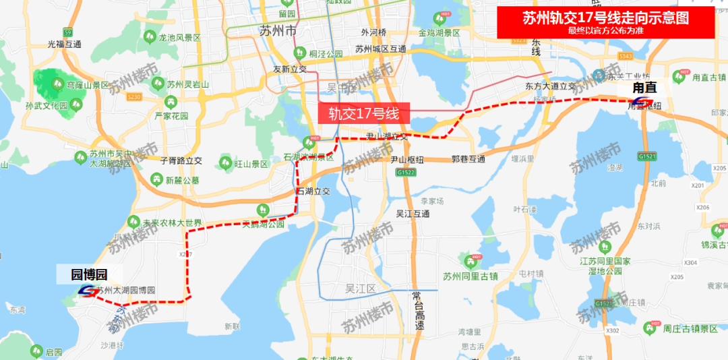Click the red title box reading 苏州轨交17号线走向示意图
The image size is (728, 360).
pyautogui.click(x=605, y=23)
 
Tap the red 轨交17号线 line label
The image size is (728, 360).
pyautogui.click(x=364, y=113)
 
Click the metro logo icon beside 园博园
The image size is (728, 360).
pyautogui.click(x=88, y=291)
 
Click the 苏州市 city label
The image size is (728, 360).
pyautogui.click(x=278, y=31)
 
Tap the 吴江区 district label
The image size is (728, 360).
pyautogui.click(x=360, y=288)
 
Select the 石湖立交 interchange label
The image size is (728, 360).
pyautogui.click(x=313, y=191)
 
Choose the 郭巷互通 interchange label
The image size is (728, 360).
pyautogui.click(x=468, y=160)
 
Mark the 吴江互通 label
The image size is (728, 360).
pyautogui.click(x=413, y=214)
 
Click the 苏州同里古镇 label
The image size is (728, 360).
pyautogui.click(x=470, y=275)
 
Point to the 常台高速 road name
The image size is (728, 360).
pyautogui.click(x=419, y=311)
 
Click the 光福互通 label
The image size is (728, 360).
pyautogui.click(x=64, y=44)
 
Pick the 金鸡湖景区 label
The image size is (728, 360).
pyautogui.click(x=439, y=32)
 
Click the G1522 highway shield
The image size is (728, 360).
pyautogui.click(x=406, y=173)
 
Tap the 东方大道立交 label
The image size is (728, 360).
pyautogui.click(x=550, y=86)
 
